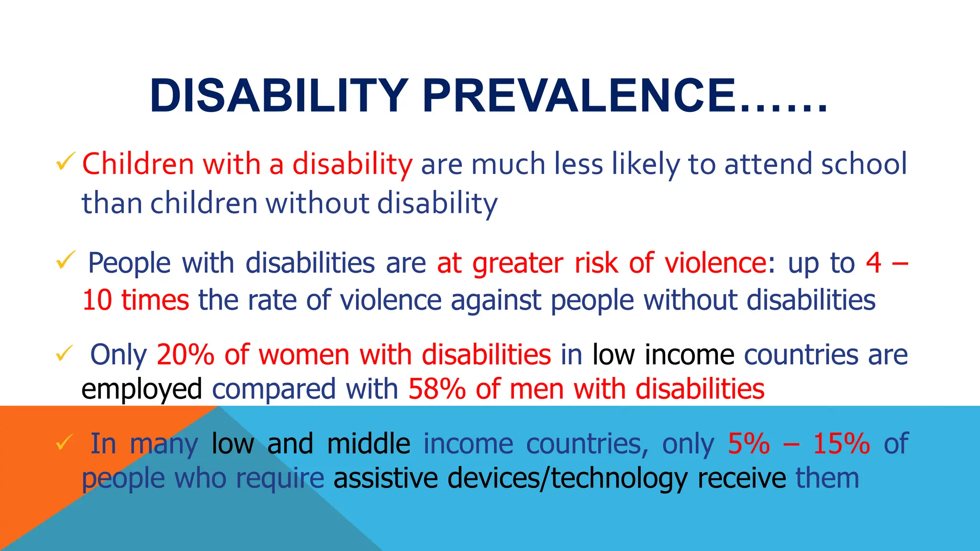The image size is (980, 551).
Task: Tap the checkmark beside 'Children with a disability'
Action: point(66,162)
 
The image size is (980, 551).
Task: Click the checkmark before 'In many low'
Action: point(64,442)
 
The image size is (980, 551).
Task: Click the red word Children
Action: point(138,164)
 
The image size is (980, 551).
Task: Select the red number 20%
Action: point(185,355)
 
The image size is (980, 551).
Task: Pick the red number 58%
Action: point(437,389)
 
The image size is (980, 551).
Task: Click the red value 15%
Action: point(841,444)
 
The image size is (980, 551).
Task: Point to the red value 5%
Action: point(749,444)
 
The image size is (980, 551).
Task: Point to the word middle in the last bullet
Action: point(368,444)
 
